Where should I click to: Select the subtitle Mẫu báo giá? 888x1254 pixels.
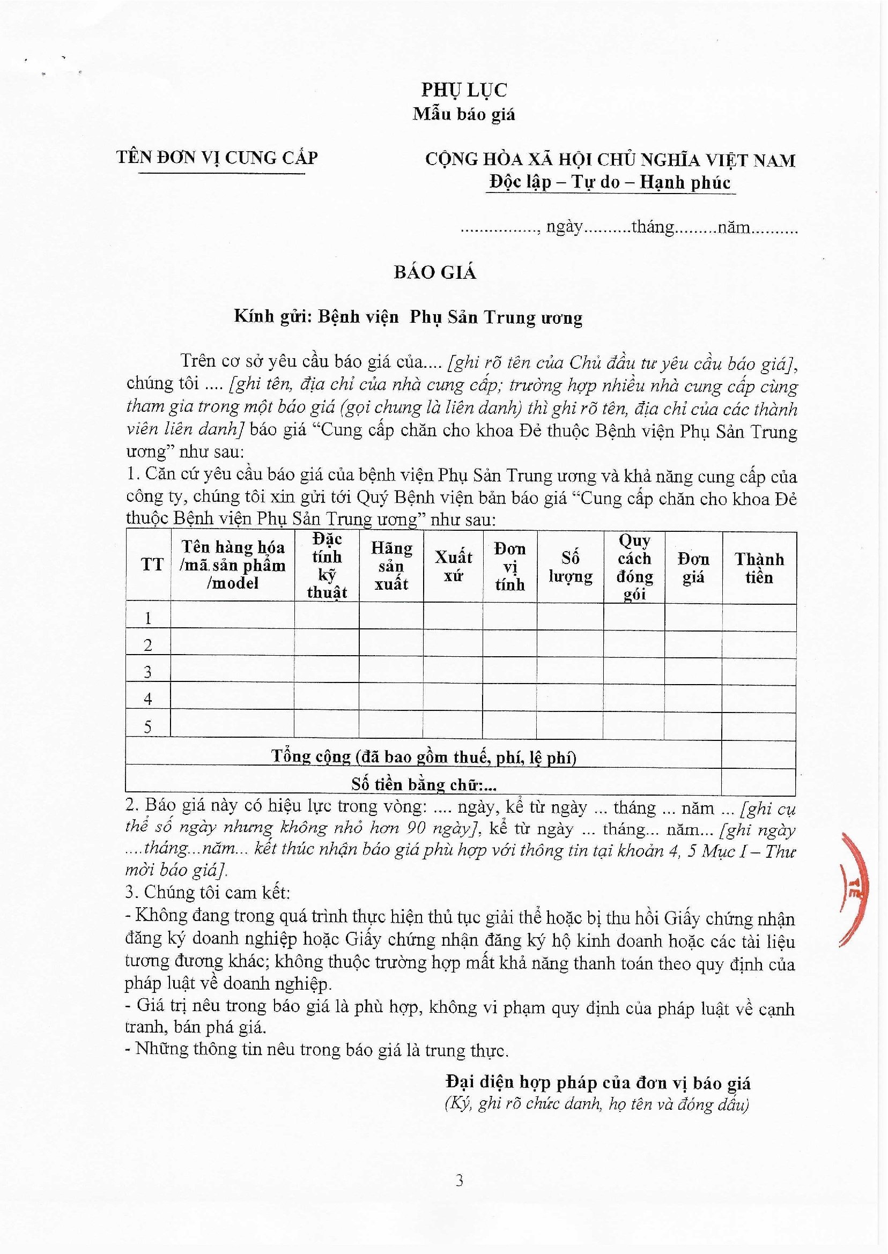coord(464,114)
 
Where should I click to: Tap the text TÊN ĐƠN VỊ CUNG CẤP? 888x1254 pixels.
coord(217,158)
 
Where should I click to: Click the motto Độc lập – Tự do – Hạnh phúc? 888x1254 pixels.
coord(610,183)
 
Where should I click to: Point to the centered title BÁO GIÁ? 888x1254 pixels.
coord(435,272)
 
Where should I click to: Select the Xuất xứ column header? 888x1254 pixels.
coord(453,566)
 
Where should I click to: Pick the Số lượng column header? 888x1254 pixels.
coord(570,567)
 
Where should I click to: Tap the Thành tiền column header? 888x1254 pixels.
coord(759,568)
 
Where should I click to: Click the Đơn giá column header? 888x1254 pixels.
coord(693,568)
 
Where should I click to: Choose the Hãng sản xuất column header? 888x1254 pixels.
coord(391,566)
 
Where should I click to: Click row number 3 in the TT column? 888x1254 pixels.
coord(147,672)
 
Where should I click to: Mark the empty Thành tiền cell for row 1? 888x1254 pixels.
coord(759,618)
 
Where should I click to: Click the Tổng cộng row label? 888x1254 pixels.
coord(424,756)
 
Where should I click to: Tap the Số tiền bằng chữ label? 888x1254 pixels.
coord(424,785)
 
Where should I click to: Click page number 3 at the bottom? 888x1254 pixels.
coord(460,1181)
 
